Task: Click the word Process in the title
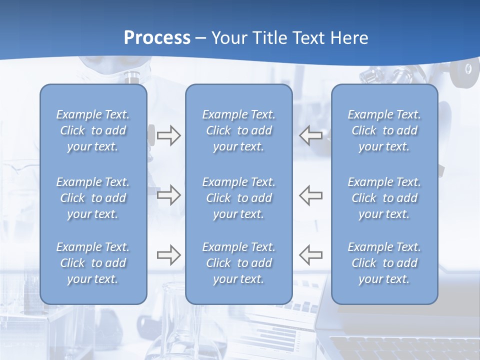tap(157, 37)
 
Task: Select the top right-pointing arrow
tap(168, 135)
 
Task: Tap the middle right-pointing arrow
tap(168, 195)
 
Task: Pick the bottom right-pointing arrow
tap(168, 255)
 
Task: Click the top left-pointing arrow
tap(310, 135)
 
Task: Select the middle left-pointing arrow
tap(310, 195)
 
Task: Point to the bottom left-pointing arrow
tap(310, 255)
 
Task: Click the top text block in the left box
tap(93, 130)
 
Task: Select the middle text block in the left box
tap(93, 198)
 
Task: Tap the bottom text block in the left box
tap(93, 263)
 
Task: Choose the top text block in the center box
tap(238, 130)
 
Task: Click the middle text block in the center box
tap(238, 198)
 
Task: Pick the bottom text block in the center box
tap(238, 263)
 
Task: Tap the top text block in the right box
tap(384, 130)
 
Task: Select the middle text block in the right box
tap(384, 198)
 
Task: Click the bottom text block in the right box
tap(384, 263)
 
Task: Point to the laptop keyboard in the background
tap(400, 347)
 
